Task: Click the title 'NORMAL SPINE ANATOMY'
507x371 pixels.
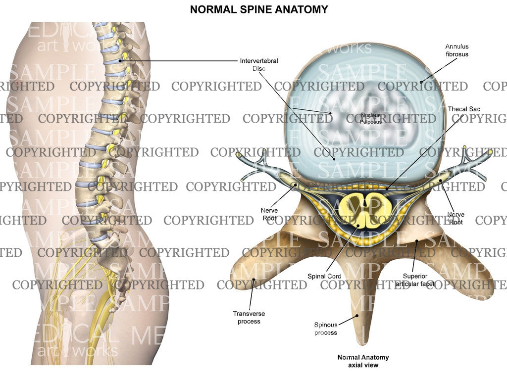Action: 258,9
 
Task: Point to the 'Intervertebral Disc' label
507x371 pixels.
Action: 258,64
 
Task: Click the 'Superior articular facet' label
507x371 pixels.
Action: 415,280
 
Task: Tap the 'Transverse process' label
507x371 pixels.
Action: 247,317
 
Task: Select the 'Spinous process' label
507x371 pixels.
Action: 326,328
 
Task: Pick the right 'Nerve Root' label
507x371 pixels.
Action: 456,218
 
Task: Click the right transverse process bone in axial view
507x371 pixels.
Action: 470,272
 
